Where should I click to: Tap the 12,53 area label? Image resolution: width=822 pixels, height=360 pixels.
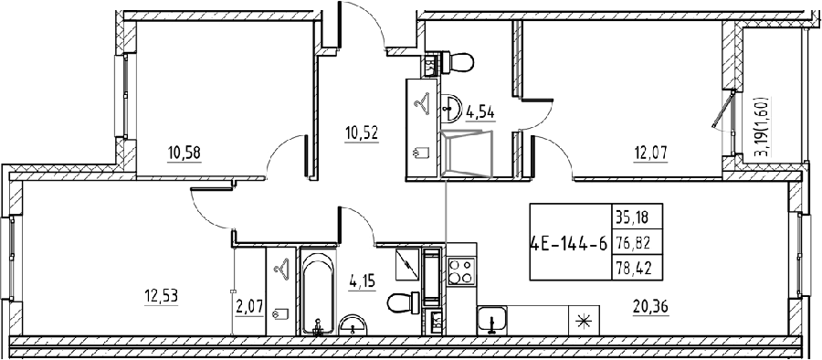(x=161, y=297)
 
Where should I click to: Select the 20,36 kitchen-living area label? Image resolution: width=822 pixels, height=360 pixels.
(x=650, y=304)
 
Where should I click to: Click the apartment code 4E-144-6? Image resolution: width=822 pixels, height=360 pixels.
(x=569, y=243)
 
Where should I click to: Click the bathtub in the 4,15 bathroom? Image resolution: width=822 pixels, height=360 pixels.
(x=317, y=291)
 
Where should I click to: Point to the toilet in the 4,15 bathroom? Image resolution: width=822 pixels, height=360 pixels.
(x=403, y=302)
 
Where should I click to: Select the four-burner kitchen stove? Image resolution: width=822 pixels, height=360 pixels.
(x=461, y=270)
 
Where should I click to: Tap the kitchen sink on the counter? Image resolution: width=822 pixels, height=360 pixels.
(x=491, y=320)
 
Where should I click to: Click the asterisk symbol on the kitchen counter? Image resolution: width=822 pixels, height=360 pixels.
(x=583, y=321)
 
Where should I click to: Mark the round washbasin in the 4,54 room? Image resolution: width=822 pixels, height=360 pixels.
(x=449, y=108)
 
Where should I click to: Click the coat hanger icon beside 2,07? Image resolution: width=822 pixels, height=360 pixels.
(x=281, y=270)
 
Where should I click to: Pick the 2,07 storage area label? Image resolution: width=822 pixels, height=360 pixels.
(x=249, y=304)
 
